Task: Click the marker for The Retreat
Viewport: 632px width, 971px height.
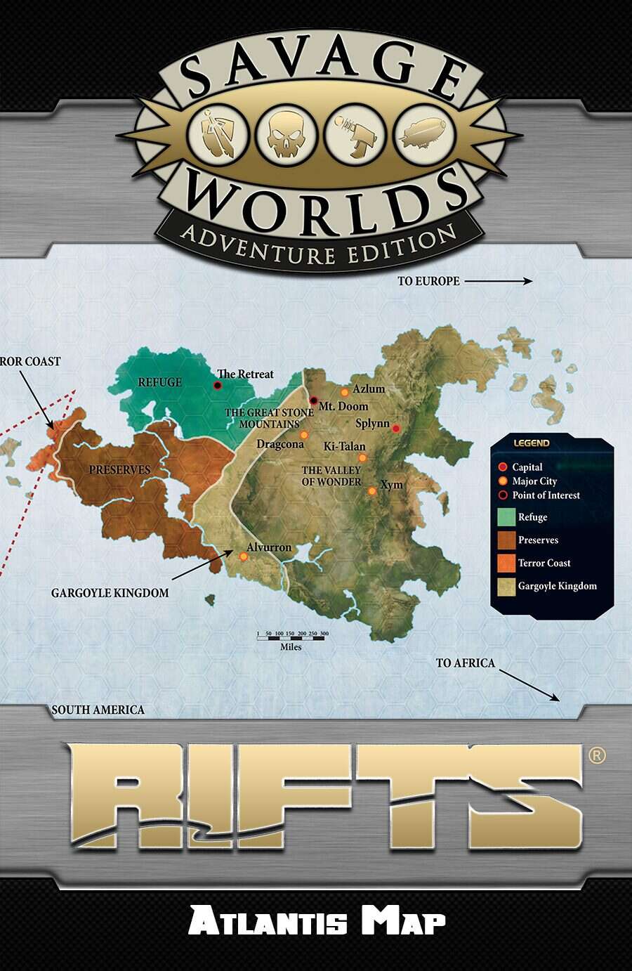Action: tap(218, 385)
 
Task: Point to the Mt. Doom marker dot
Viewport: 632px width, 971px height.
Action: tap(313, 400)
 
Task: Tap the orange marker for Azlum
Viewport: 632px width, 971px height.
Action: tap(345, 392)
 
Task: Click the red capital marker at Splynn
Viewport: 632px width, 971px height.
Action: tap(396, 429)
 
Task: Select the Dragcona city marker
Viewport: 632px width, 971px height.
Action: tap(304, 436)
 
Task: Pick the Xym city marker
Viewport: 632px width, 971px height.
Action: tap(372, 491)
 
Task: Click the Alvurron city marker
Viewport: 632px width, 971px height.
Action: tap(243, 556)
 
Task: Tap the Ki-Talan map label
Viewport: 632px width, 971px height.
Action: tap(344, 446)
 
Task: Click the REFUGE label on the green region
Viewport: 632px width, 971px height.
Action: tap(159, 382)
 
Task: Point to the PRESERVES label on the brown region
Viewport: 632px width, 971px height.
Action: tap(119, 469)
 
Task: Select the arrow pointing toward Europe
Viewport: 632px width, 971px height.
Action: tap(498, 281)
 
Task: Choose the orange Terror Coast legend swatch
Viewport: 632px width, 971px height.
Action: tap(506, 563)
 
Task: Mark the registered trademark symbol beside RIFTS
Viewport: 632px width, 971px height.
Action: tap(596, 755)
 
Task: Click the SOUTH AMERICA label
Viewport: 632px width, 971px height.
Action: tap(98, 710)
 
